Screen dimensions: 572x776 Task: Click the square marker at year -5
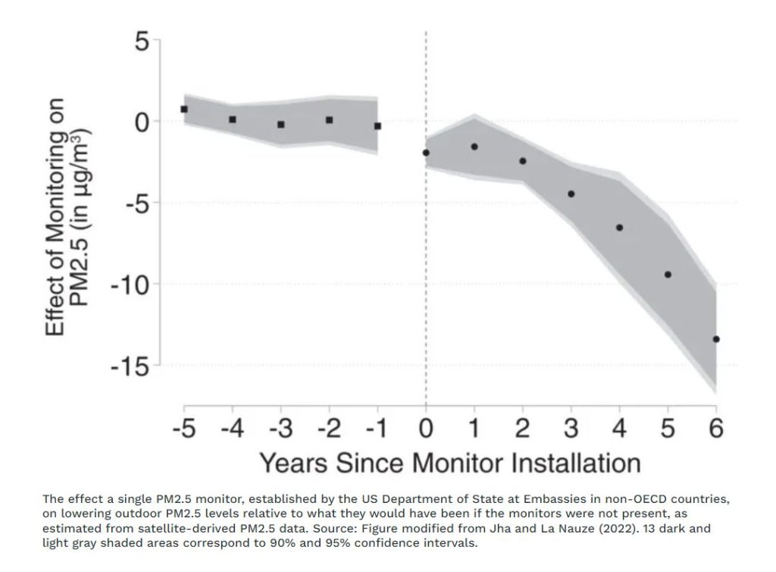point(184,109)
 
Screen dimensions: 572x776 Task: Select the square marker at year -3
point(281,124)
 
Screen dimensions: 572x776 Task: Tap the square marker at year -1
point(377,126)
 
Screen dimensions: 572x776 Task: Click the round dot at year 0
point(426,152)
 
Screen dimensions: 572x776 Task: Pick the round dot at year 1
point(474,146)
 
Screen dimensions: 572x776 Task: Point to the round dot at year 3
point(571,194)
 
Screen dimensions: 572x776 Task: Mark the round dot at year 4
point(619,228)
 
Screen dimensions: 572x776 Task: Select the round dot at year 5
point(668,275)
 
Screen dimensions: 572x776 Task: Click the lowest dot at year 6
point(716,339)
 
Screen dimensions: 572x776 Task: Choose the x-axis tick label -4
point(232,429)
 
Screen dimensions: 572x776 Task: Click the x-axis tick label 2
point(523,429)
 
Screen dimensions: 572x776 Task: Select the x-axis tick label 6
point(716,429)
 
